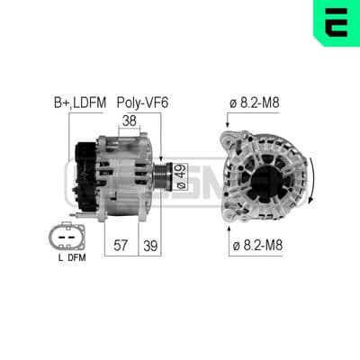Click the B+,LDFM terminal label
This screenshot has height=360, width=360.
pyautogui.click(x=80, y=103)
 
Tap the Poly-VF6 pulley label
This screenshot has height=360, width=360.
pyautogui.click(x=142, y=103)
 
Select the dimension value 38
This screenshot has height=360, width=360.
pyautogui.click(x=130, y=121)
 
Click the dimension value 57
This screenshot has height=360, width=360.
pyautogui.click(x=121, y=246)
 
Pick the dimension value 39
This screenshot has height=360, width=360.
pyautogui.click(x=150, y=246)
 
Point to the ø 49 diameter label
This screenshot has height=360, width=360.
pyautogui.click(x=181, y=176)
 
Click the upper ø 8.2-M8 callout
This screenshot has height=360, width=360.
pyautogui.click(x=255, y=103)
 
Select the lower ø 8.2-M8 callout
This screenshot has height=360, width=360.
pyautogui.click(x=257, y=246)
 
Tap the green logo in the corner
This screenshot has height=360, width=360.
pyautogui.click(x=337, y=22)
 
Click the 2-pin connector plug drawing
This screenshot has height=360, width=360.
pyautogui.click(x=67, y=237)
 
